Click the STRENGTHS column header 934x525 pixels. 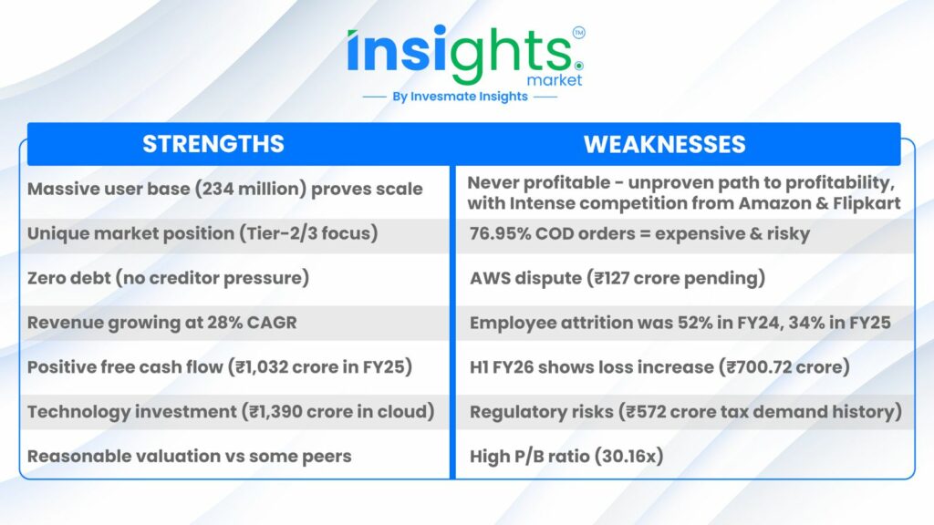click(x=213, y=144)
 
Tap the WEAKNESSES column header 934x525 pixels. click(x=664, y=145)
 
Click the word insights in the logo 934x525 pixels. click(x=460, y=54)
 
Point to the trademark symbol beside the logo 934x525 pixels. click(x=578, y=33)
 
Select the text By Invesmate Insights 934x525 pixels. click(x=460, y=97)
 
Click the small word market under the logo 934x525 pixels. click(x=555, y=80)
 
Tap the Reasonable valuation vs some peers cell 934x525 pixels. click(x=190, y=457)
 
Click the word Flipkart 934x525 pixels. click(x=867, y=203)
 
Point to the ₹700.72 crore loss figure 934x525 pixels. click(x=784, y=367)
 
